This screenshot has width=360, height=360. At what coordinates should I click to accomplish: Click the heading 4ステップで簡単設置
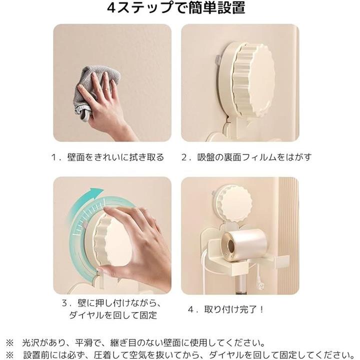pos(176,7)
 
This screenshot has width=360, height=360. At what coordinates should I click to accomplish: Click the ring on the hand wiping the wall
pos(104,89)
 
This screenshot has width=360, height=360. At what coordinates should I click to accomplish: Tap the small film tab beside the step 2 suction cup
pos(218,60)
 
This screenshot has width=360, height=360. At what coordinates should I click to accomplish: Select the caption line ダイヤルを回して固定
pos(113,315)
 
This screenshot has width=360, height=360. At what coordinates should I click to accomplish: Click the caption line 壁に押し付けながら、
pos(112,303)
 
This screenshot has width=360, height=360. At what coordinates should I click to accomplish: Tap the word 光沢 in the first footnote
pos(30,343)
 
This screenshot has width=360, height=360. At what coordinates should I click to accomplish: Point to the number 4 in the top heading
pos(111,8)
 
